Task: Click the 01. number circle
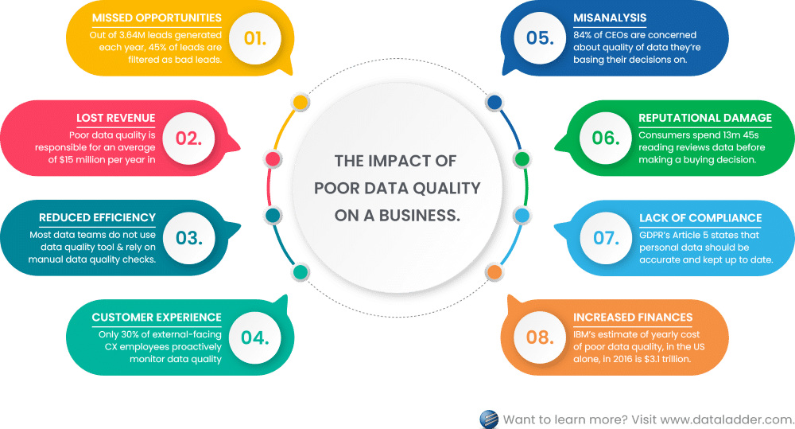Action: coord(254,38)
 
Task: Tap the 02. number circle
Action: coord(188,138)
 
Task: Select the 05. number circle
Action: coord(540,38)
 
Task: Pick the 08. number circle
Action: coord(540,337)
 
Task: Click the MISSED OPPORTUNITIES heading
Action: coord(157,18)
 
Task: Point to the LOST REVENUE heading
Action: coord(115,118)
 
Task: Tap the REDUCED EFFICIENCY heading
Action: coord(97,218)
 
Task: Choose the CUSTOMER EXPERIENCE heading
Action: coord(157,318)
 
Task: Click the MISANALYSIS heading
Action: coord(610,18)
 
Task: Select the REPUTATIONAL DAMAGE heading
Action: coord(705,118)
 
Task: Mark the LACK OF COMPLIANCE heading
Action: coord(700,218)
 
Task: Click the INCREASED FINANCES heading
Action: coord(633,318)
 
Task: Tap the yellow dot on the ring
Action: coord(301,102)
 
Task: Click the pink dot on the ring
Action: coord(273,159)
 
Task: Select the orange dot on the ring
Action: coord(494,272)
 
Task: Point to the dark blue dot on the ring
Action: coord(494,102)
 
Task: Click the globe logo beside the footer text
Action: coord(489,419)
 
